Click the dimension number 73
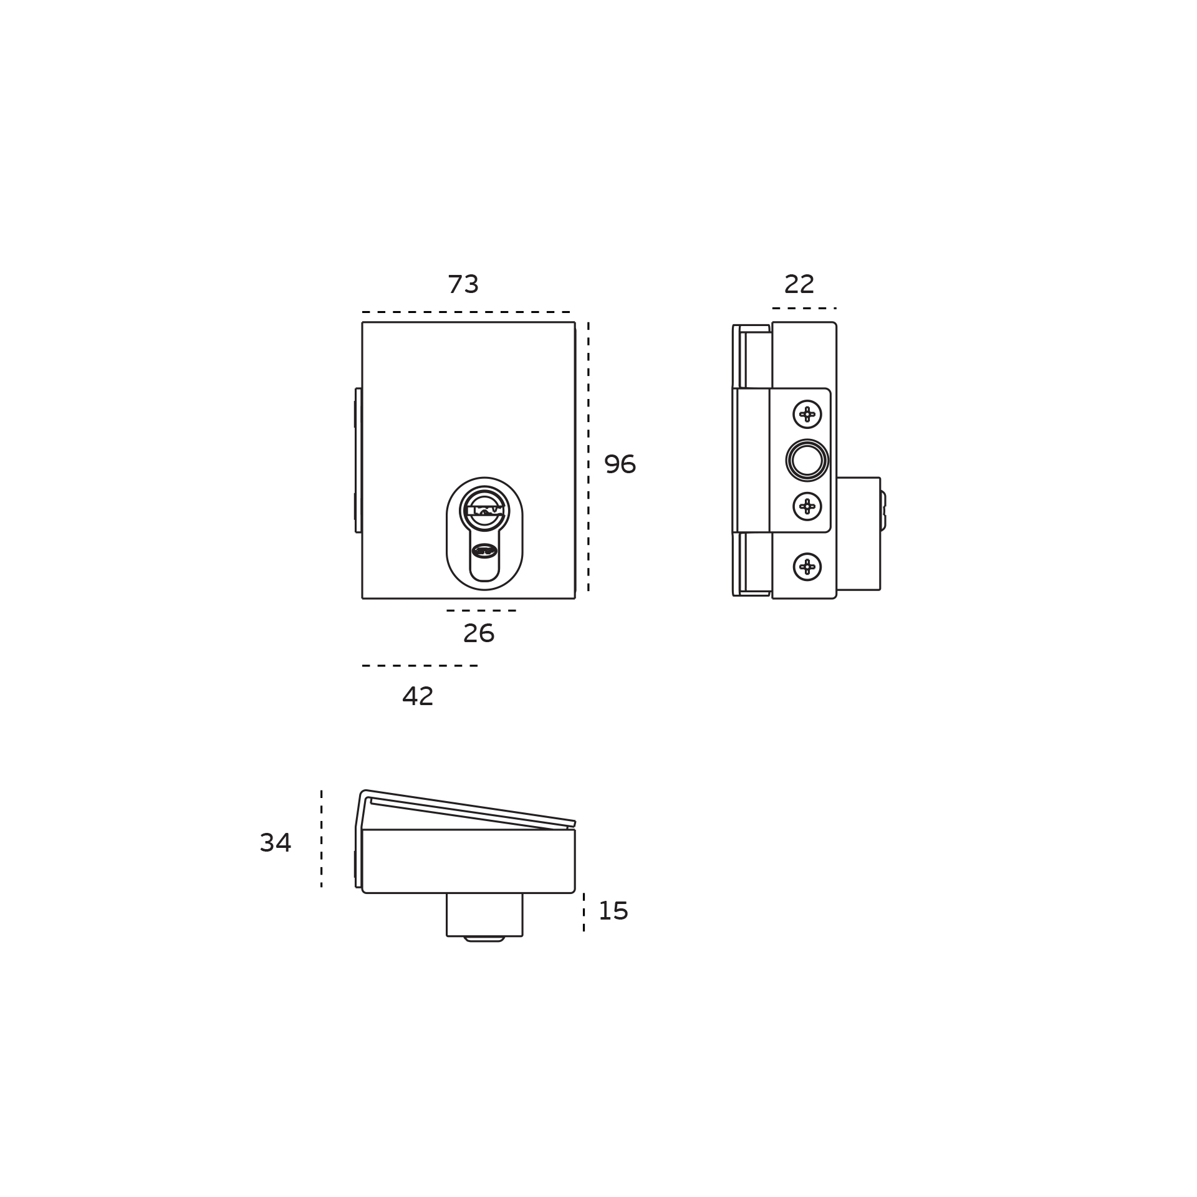point(463,284)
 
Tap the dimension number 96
point(620,464)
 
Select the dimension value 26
point(479,633)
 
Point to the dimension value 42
point(418,696)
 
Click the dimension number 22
point(799,284)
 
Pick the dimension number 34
point(276,843)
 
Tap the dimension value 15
point(613,911)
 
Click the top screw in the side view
point(807,415)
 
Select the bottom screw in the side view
point(807,567)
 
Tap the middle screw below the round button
point(807,506)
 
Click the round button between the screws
point(807,460)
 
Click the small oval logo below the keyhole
point(484,550)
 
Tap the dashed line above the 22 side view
point(804,308)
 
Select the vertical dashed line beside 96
point(588,456)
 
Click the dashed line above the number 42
point(420,666)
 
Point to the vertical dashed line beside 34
point(321,839)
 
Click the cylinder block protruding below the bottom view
point(484,914)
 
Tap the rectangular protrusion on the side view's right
point(858,534)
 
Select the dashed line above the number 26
point(481,610)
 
